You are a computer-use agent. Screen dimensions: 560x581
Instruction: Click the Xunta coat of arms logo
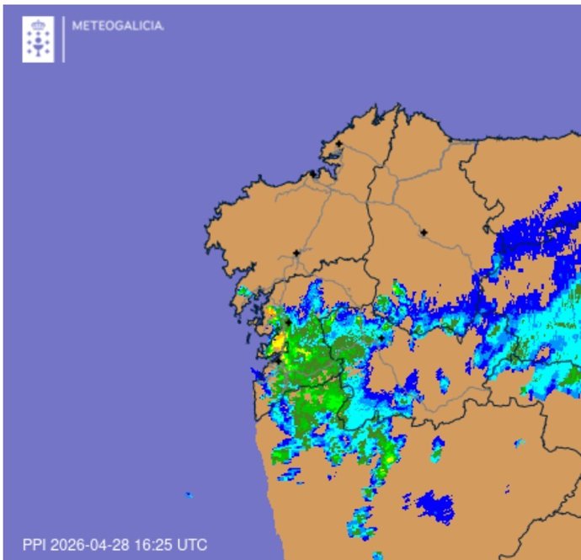click(38, 39)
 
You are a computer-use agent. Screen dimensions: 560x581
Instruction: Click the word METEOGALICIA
click(118, 25)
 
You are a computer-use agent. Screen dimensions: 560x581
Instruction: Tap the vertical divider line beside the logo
click(64, 39)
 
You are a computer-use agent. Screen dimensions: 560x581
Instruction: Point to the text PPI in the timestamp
click(34, 545)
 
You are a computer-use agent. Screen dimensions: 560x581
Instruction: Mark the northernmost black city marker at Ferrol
click(338, 144)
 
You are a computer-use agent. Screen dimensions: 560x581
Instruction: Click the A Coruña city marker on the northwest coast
click(312, 173)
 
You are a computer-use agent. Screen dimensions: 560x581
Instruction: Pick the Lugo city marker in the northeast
click(424, 232)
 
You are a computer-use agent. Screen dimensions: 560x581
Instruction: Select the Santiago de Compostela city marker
click(296, 253)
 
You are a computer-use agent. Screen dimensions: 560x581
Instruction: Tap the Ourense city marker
click(381, 339)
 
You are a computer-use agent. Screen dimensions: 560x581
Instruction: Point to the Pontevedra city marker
click(287, 321)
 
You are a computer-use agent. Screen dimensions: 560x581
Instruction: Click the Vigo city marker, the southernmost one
click(276, 359)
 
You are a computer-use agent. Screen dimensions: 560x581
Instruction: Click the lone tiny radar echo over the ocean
click(189, 494)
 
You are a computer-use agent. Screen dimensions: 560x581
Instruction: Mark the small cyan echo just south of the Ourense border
click(437, 451)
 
